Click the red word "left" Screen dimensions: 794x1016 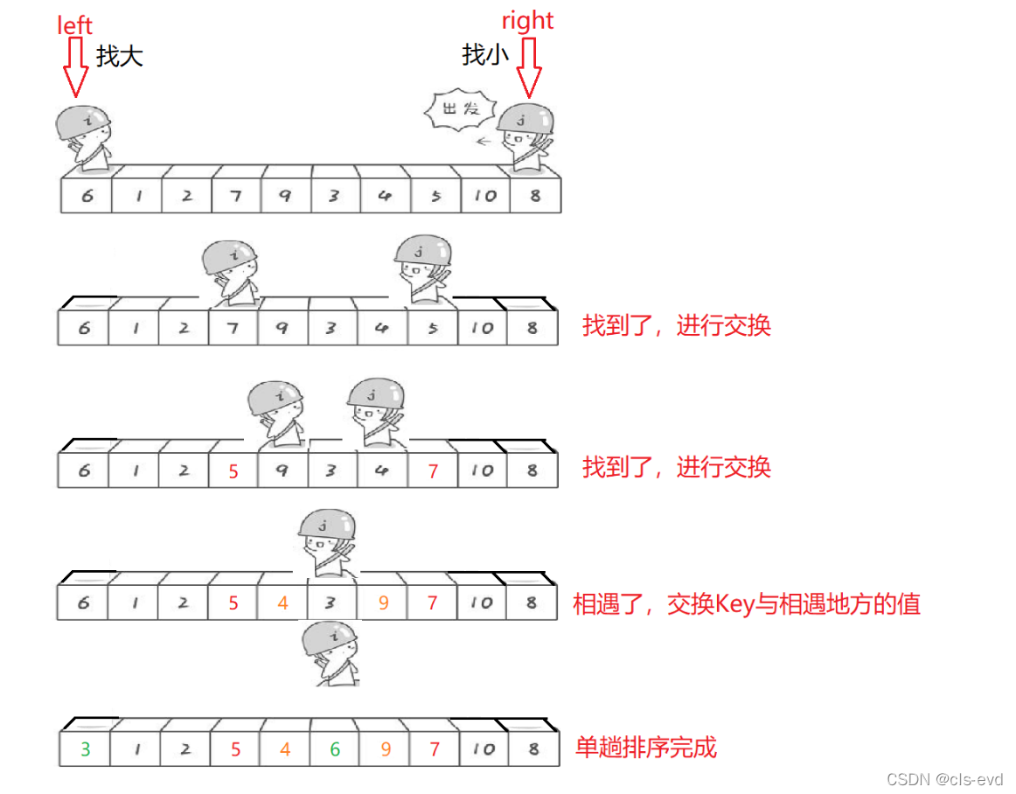pos(74,25)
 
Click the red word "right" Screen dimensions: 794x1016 pos(527,20)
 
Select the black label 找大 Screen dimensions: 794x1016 pos(120,57)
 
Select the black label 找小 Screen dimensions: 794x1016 pos(485,55)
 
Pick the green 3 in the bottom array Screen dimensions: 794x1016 pos(85,749)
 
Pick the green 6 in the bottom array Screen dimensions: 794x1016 pos(335,749)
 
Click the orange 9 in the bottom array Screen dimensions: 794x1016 pos(384,749)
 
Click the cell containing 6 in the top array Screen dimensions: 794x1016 pos(87,196)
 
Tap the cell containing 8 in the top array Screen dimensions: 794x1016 pos(534,196)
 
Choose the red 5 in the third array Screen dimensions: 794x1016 pos(233,471)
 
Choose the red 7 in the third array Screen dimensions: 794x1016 pos(433,471)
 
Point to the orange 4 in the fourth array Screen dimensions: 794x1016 pos(283,603)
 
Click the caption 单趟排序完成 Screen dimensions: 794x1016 pos(646,748)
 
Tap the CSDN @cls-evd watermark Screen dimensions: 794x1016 pos(944,779)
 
